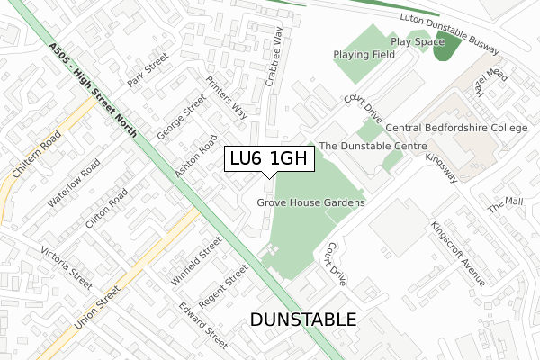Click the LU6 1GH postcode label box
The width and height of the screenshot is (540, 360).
pos(269,159)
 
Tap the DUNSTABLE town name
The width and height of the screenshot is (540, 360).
pos(302,320)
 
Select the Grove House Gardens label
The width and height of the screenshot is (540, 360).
pos(311,203)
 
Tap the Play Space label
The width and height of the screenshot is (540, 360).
pos(418,41)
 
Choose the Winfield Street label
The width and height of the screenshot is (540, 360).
pos(196,261)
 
